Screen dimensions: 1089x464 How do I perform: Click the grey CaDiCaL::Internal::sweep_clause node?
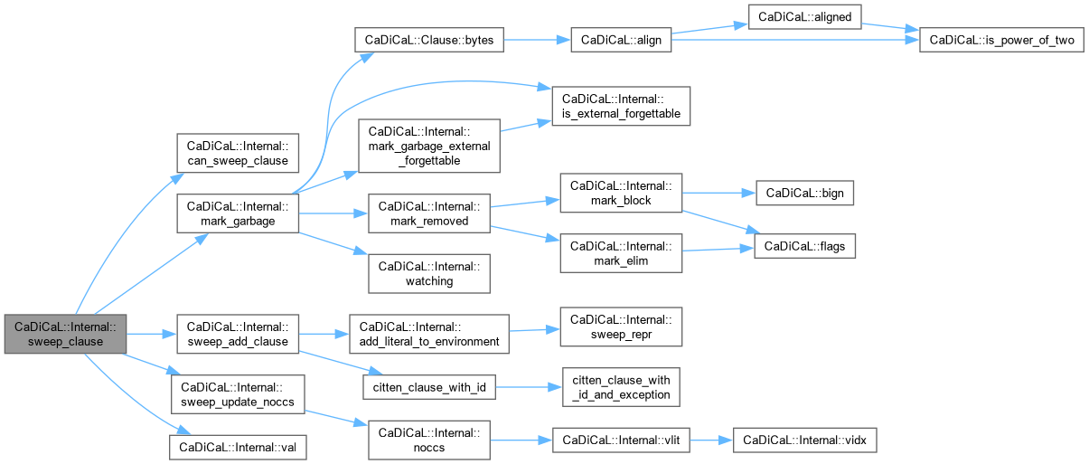tap(66, 334)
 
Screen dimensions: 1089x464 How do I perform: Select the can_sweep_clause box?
tap(238, 153)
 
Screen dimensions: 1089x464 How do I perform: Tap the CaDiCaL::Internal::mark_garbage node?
tap(238, 213)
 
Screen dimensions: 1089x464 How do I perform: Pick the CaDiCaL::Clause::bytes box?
tap(429, 40)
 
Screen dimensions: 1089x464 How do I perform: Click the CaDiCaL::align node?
tap(621, 40)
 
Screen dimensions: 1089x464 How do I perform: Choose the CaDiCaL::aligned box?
tap(804, 17)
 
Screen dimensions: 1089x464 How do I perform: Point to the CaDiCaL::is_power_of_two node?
tap(1001, 40)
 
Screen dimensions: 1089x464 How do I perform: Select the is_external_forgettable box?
tap(621, 106)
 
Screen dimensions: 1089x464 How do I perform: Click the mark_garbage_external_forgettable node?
tap(429, 146)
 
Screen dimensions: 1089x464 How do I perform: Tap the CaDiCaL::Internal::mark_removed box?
tap(429, 213)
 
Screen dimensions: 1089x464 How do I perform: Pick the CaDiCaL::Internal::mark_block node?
tap(621, 193)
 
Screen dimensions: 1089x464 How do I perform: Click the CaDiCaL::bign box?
tap(804, 193)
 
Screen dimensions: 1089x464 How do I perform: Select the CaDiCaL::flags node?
tap(804, 246)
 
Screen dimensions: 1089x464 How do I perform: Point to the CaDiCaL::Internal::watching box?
tap(429, 274)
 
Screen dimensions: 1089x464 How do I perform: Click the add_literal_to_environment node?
tap(429, 334)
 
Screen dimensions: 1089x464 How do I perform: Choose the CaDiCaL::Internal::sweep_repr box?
tap(621, 327)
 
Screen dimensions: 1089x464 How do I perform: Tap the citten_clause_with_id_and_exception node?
tap(621, 387)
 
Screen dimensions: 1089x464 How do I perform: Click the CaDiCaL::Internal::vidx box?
tap(804, 440)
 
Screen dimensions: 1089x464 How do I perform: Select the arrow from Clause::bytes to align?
tap(537, 40)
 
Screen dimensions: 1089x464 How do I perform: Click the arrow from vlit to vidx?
tap(711, 440)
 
